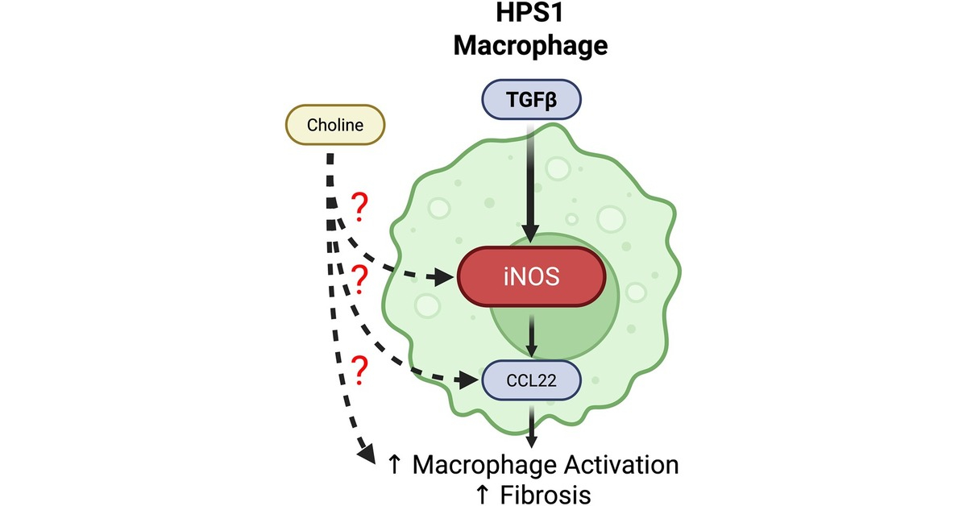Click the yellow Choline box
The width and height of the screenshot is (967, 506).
coord(335,126)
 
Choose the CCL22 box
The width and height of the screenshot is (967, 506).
coord(532,379)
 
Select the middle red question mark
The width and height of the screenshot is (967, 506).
coord(360,279)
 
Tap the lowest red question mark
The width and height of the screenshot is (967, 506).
coord(360,371)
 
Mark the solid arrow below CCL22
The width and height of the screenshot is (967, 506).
coord(531,423)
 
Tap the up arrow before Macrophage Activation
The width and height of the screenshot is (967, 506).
coord(395,465)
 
